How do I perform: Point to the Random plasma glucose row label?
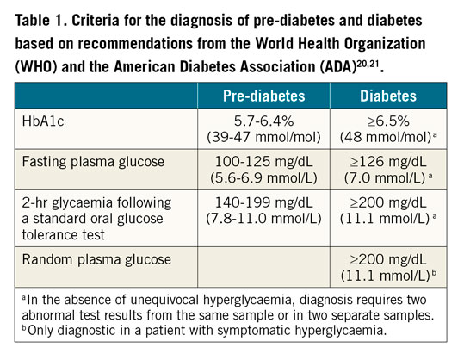click(90, 258)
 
